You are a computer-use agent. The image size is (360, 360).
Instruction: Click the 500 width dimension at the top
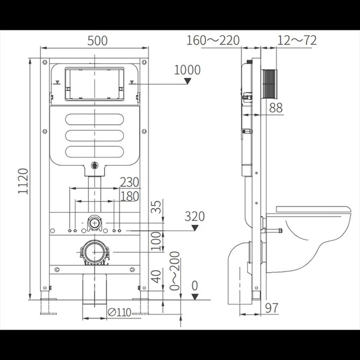click(x=97, y=41)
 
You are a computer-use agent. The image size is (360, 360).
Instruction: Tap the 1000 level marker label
click(x=187, y=70)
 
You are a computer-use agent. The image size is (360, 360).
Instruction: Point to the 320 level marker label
click(x=194, y=216)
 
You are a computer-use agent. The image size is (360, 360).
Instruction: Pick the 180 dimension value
click(x=130, y=196)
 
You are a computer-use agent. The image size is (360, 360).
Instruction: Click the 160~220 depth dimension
click(x=213, y=40)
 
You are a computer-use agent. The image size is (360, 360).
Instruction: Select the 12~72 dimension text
click(x=296, y=40)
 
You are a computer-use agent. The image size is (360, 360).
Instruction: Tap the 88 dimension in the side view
click(x=276, y=108)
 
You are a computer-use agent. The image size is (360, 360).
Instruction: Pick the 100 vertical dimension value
click(x=157, y=241)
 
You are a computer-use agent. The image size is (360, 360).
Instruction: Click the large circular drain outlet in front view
click(x=94, y=252)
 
